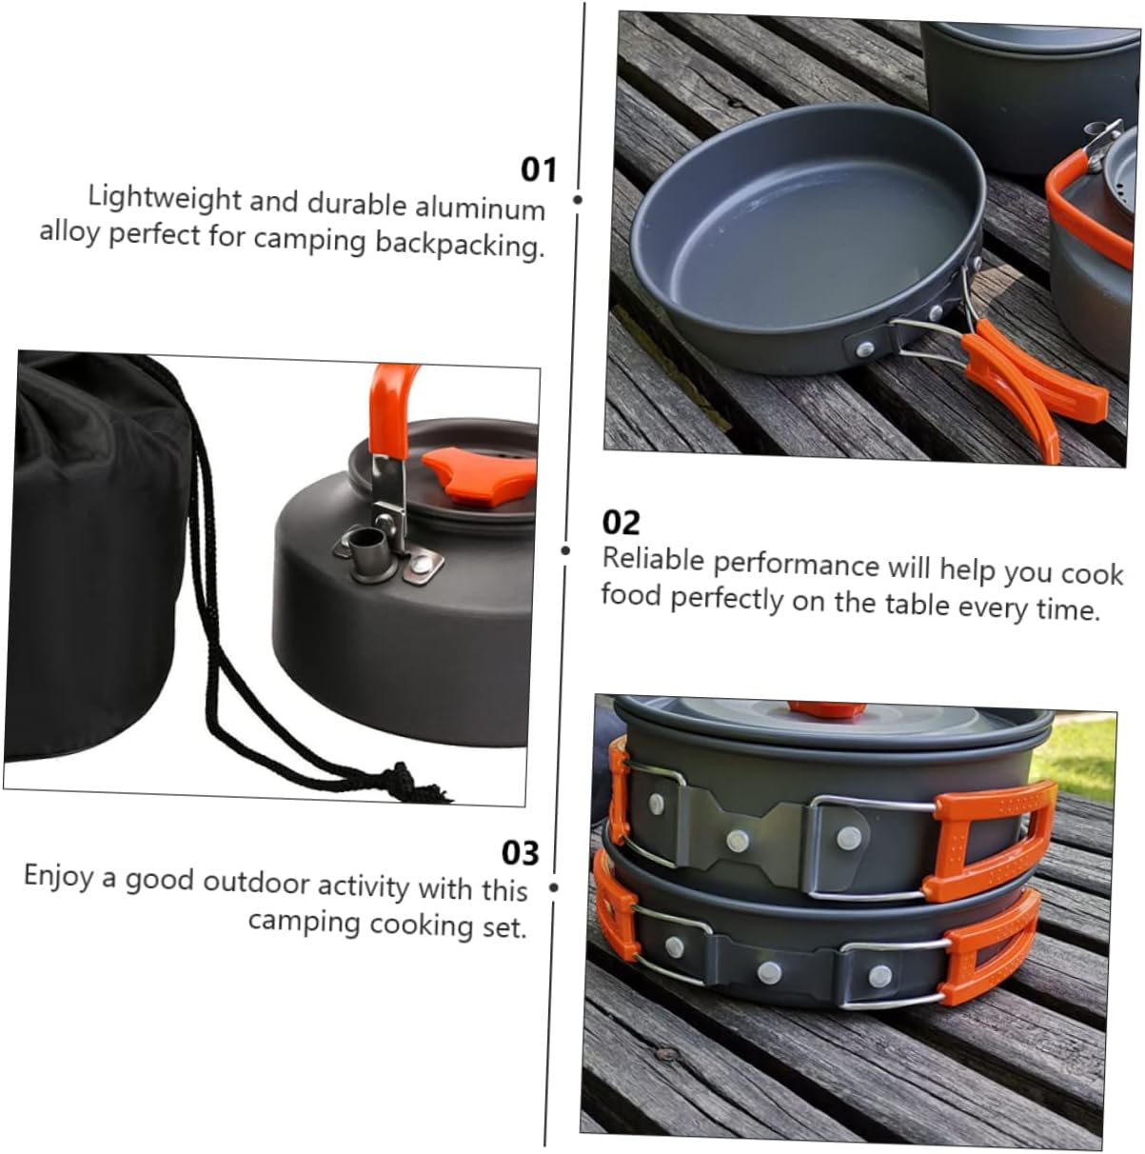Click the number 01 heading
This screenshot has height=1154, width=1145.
[x=538, y=169]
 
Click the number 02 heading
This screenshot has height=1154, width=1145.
[x=622, y=522]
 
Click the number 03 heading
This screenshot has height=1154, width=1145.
[x=521, y=852]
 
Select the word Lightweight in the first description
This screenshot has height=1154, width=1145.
[x=165, y=198]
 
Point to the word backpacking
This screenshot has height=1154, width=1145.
[x=460, y=244]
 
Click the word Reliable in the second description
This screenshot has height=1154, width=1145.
[x=654, y=559]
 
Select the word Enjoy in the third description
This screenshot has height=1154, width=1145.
[x=58, y=875]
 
